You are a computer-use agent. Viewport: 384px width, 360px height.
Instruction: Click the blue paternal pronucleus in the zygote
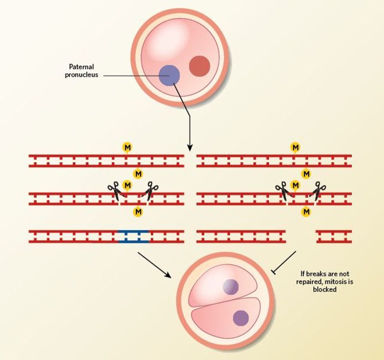point(169,75)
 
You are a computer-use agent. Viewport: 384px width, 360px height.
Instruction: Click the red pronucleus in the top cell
point(199,66)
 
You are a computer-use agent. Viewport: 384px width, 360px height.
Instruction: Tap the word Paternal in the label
point(80,68)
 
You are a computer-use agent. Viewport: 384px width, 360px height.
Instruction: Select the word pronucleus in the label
point(81,75)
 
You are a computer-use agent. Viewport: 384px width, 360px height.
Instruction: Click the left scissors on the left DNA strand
point(115,192)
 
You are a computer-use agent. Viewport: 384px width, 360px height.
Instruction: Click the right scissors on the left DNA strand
point(151,191)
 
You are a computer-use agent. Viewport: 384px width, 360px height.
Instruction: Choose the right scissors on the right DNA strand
point(318,191)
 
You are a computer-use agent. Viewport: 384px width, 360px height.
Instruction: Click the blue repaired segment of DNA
point(133,236)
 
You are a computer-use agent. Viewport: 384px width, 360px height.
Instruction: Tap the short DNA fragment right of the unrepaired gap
point(334,236)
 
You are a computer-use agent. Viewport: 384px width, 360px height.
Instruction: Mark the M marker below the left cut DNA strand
point(138,211)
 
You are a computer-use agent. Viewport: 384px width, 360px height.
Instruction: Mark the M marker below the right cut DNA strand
point(306,211)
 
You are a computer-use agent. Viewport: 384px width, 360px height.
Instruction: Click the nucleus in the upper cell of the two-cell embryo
point(230,287)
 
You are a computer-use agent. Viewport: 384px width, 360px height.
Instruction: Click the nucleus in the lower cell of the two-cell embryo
point(240,318)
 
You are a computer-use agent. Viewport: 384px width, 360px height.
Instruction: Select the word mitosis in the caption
point(335,282)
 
